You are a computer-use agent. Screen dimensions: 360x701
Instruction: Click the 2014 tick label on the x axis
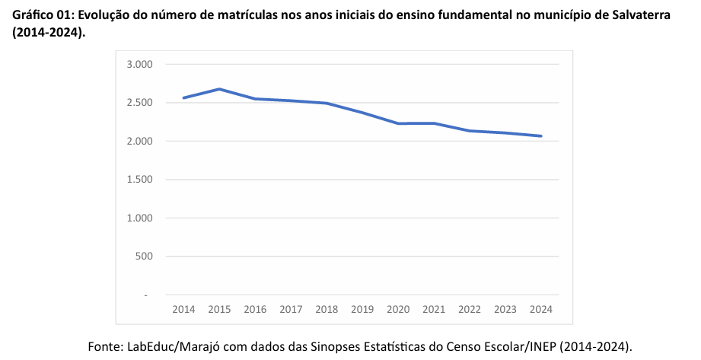[183, 309]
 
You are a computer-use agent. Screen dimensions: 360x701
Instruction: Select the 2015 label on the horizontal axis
[219, 309]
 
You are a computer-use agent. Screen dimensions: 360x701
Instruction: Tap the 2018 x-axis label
[327, 309]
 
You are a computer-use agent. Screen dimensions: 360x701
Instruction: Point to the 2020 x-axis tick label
[398, 309]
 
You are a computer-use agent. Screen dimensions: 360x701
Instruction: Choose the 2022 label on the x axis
[470, 309]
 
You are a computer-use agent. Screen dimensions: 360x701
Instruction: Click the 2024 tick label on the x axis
[541, 309]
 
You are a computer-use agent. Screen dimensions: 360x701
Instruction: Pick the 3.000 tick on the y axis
[140, 65]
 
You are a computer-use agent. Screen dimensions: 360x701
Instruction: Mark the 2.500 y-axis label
[140, 103]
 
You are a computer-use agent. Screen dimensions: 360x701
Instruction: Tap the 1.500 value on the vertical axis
[140, 180]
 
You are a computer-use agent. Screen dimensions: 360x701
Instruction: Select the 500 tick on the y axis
[145, 256]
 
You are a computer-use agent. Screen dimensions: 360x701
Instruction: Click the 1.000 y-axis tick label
[140, 218]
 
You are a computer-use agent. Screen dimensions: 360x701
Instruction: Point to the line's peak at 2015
[219, 89]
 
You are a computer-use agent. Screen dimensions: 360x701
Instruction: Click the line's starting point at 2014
[183, 97]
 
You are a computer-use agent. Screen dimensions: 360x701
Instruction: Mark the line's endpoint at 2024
[541, 136]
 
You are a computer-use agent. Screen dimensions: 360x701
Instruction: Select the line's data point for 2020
[398, 123]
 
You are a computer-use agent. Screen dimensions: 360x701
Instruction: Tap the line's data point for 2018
[327, 104]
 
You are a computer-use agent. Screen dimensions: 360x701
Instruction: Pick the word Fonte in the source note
[104, 346]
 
